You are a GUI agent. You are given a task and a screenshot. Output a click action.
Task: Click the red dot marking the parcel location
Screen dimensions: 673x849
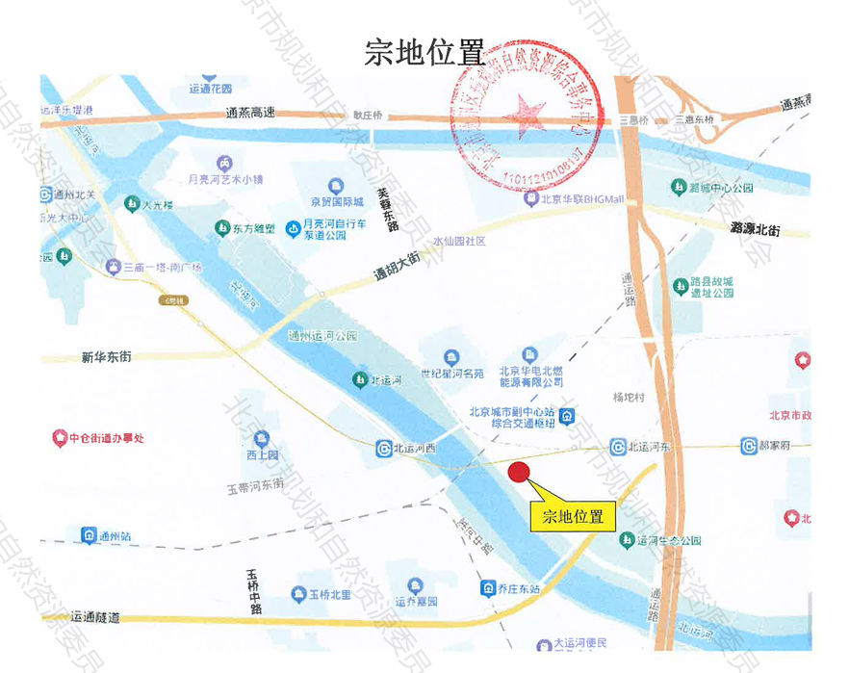(x=519, y=472)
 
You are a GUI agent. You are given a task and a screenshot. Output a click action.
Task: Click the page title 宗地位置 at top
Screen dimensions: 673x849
(x=424, y=53)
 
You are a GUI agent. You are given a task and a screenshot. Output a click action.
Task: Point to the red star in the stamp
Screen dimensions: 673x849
(x=526, y=113)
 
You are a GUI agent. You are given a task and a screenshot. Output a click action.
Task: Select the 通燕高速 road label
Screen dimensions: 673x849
(x=250, y=113)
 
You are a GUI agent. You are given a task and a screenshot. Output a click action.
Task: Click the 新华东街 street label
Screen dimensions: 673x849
(x=106, y=357)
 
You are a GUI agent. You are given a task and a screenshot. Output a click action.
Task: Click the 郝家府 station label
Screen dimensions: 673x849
(x=773, y=446)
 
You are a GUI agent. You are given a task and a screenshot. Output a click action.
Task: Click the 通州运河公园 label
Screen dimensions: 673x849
(x=322, y=336)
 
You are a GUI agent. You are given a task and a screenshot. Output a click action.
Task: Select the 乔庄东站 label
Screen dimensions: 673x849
(x=520, y=588)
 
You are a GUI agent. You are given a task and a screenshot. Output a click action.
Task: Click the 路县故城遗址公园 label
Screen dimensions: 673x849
(x=712, y=286)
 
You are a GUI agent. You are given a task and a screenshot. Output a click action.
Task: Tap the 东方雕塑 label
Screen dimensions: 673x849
(x=253, y=229)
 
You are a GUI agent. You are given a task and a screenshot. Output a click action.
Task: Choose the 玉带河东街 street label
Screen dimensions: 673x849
(x=255, y=486)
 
